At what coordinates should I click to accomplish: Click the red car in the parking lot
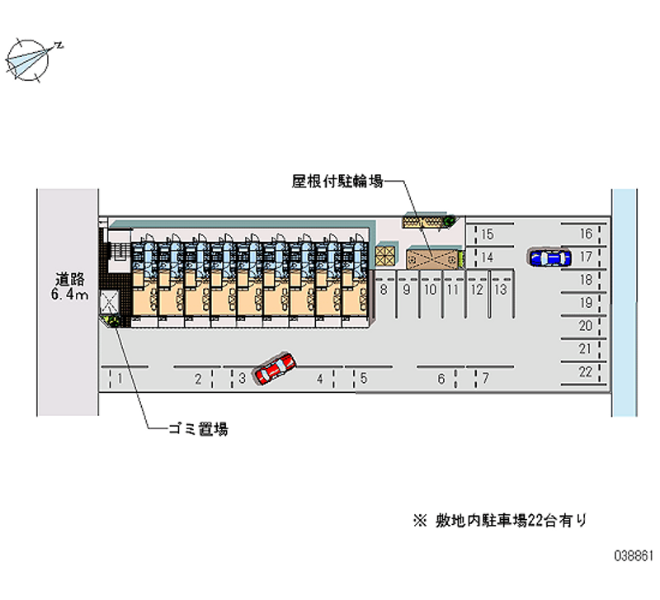tap(274, 368)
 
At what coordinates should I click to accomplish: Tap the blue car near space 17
tap(549, 257)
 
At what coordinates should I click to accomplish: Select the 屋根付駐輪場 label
tap(337, 182)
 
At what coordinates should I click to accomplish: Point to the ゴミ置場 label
tap(198, 429)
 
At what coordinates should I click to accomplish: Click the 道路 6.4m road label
tap(70, 286)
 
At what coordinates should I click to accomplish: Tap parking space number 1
tap(120, 379)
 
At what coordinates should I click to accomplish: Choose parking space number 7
tap(486, 378)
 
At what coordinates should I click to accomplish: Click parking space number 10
tap(430, 290)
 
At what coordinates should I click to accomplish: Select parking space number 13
tap(501, 290)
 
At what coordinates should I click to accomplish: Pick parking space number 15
tap(487, 234)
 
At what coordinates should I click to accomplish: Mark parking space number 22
tap(586, 372)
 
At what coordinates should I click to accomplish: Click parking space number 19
tap(586, 303)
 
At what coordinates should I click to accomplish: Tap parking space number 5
tap(364, 378)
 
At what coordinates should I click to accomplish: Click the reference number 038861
tap(634, 555)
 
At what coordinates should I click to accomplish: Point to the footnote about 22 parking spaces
tap(500, 521)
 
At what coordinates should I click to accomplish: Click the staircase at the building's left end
tap(120, 252)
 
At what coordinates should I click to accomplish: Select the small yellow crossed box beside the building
tap(385, 256)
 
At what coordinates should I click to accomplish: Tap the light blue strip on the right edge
tap(625, 303)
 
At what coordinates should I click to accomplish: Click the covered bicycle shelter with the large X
tap(432, 258)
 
